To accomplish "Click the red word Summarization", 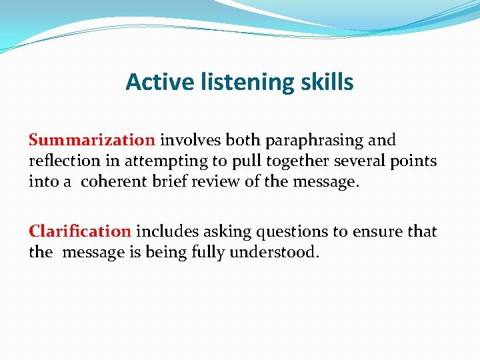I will [91, 140].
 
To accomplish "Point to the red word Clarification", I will [80, 231].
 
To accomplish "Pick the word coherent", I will [116, 181].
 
